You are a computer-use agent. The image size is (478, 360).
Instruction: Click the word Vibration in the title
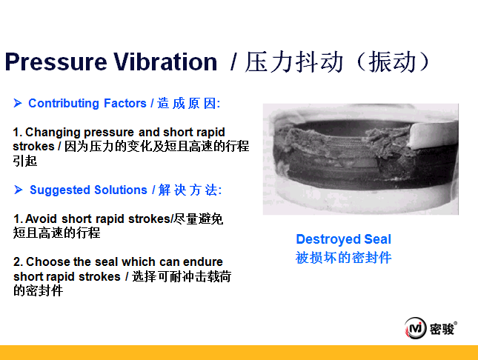click(x=165, y=61)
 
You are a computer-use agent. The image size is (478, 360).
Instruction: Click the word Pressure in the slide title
click(x=56, y=62)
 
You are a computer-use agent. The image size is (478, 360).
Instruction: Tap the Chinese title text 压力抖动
click(x=294, y=62)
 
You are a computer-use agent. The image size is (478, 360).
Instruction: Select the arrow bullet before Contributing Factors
click(x=18, y=103)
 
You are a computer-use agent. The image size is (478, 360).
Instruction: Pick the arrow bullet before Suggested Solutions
click(x=19, y=190)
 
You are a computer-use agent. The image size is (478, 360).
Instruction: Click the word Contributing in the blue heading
click(x=64, y=104)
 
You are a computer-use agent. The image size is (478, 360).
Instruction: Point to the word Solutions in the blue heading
click(x=121, y=190)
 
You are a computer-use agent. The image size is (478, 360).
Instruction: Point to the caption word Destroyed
click(x=328, y=239)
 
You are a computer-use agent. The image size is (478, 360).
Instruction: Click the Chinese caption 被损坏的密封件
click(x=344, y=258)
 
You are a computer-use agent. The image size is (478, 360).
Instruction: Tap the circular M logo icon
click(x=415, y=328)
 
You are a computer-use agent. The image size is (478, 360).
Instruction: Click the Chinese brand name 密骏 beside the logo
click(x=442, y=329)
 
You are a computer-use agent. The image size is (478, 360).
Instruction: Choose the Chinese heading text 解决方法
click(x=188, y=190)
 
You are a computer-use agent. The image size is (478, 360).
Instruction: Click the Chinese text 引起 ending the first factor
click(x=25, y=161)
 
